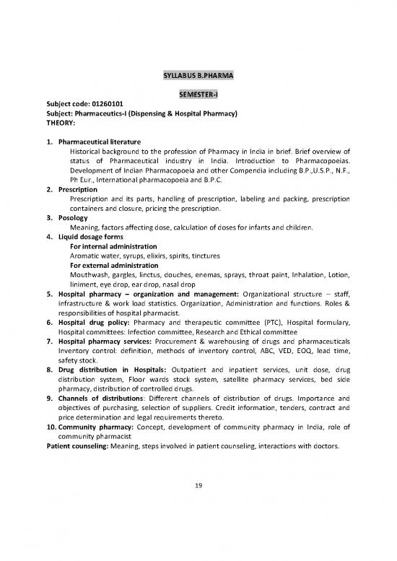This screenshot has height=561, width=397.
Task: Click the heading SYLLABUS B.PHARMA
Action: (198, 74)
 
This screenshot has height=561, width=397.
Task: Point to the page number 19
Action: (198, 485)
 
